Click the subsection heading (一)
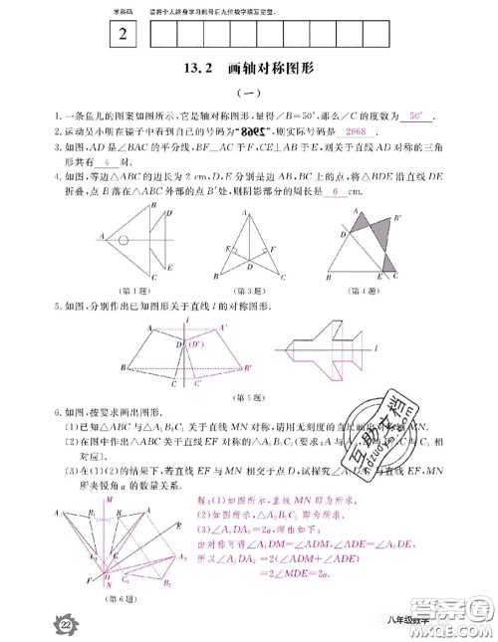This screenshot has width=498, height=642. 247,92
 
